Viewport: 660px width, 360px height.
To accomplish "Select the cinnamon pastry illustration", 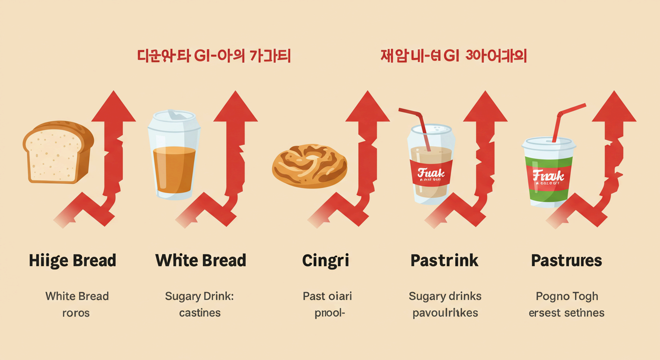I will coord(310,166).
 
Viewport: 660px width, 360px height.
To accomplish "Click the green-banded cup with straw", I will coord(548,173).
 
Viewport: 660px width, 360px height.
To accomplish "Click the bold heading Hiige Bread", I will coord(73,261).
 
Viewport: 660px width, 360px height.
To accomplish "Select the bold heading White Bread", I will coord(201,261).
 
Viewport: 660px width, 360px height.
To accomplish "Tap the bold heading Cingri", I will coord(326,261).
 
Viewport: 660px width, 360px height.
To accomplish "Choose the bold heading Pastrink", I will coord(444,261).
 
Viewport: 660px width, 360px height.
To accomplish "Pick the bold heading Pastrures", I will coord(566,261).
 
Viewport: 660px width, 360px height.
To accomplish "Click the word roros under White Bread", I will coord(76,313).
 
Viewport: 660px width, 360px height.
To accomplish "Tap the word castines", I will coord(200,313).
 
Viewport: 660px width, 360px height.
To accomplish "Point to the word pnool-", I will coord(329,313).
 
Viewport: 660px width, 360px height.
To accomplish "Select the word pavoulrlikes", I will coord(445,313).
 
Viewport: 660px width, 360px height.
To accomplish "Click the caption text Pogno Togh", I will coord(567,296).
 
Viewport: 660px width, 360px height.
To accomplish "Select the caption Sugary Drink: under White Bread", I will coord(200,296).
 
